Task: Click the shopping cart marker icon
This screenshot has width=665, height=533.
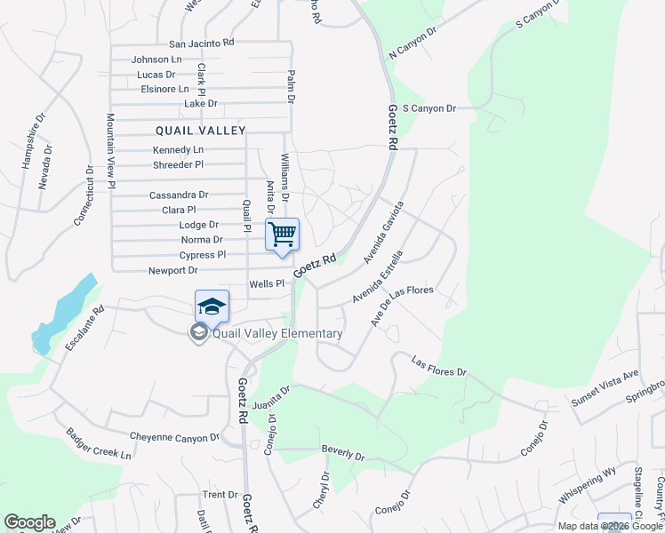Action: [282, 235]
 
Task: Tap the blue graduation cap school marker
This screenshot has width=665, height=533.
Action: [212, 307]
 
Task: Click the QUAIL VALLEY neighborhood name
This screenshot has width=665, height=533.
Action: [200, 131]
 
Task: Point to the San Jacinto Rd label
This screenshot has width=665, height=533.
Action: [201, 43]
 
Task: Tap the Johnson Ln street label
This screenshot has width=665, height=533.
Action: [156, 60]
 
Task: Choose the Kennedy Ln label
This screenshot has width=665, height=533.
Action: [178, 150]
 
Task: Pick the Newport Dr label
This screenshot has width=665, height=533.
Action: [172, 270]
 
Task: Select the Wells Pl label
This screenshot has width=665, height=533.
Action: [266, 284]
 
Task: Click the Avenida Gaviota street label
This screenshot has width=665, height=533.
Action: [384, 233]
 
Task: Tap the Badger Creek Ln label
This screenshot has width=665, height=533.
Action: [99, 443]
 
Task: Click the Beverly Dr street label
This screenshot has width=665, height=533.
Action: [343, 453]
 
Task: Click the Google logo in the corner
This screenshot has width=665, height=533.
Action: [29, 522]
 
